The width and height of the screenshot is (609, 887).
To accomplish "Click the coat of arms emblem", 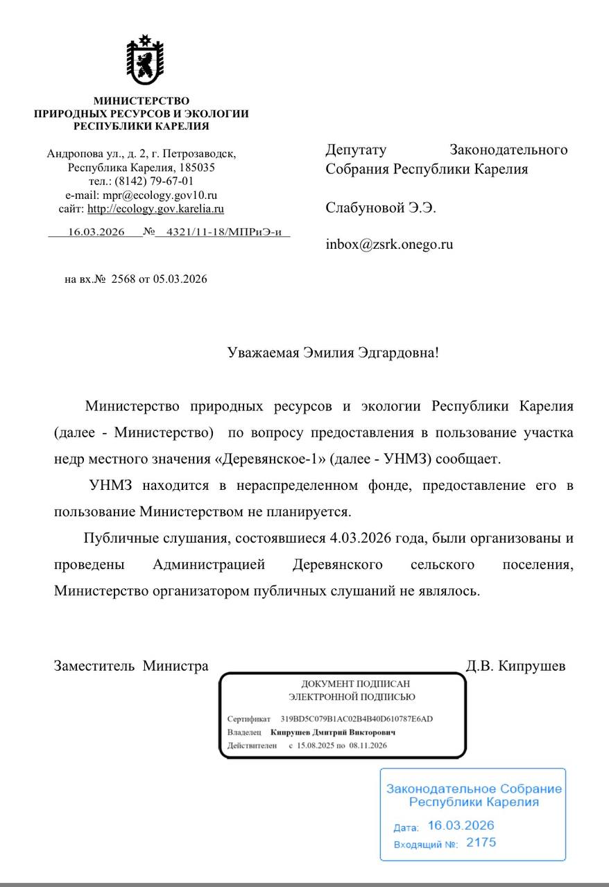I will click(x=145, y=60).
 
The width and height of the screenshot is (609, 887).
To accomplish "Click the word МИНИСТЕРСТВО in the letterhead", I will click(x=141, y=101).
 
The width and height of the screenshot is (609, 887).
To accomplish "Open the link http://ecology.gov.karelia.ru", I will click(x=155, y=209).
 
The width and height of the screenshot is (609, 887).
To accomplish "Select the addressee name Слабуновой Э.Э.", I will click(x=381, y=208).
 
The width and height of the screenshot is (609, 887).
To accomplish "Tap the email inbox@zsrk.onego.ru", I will click(x=389, y=244).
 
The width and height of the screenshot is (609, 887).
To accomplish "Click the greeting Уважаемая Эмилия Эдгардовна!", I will click(x=333, y=353).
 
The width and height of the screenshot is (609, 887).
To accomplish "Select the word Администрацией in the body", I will click(x=209, y=565).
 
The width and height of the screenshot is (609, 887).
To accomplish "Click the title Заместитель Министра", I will click(x=131, y=667).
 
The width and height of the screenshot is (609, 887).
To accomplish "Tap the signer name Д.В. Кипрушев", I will click(x=515, y=667).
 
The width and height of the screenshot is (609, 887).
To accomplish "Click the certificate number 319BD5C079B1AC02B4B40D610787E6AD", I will click(x=357, y=719).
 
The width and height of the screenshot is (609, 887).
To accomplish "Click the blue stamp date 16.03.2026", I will click(x=461, y=825).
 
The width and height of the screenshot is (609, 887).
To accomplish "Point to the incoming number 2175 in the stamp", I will click(x=481, y=843).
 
